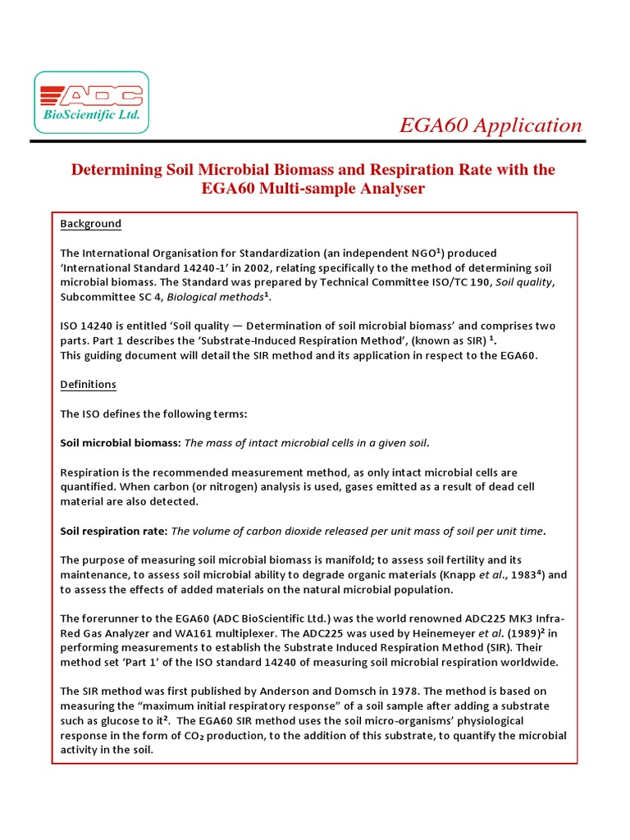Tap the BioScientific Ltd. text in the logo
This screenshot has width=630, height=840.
[92, 116]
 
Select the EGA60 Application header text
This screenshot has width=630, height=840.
[490, 126]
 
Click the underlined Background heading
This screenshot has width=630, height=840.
[90, 224]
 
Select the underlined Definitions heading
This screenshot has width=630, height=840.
[88, 385]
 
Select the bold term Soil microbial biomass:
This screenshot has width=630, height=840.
[120, 443]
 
